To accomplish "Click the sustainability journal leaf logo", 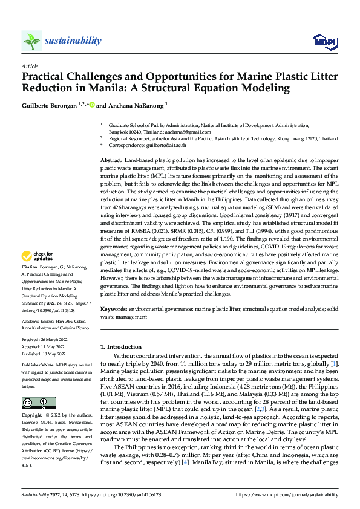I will point(31,41).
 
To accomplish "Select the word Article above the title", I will point(30,66).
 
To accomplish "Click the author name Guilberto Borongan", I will point(50,105).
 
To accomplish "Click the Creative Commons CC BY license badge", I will point(38,403).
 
